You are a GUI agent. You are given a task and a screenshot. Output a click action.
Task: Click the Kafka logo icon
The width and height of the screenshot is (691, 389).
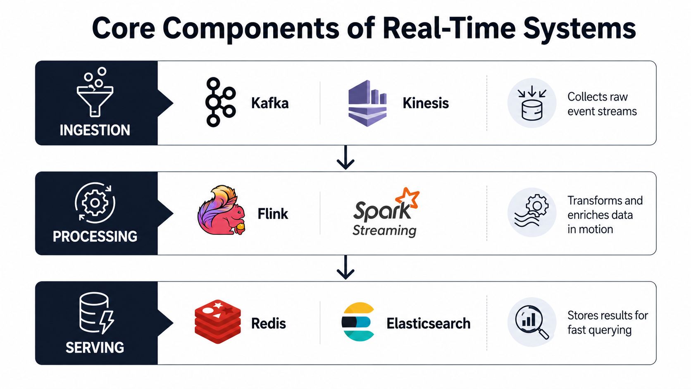point(221,103)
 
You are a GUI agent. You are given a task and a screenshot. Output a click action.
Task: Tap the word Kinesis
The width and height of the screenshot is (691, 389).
point(425,103)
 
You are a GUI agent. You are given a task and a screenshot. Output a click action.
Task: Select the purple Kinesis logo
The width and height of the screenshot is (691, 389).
point(367,103)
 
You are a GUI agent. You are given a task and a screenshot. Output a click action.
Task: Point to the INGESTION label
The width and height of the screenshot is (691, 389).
point(95,130)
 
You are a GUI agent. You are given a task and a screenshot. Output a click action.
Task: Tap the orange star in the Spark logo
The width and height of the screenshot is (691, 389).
point(407,198)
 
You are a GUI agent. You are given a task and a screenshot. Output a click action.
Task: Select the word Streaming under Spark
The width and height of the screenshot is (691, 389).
point(384,231)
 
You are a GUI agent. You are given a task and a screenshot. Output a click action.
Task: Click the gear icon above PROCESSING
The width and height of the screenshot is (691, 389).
point(95,203)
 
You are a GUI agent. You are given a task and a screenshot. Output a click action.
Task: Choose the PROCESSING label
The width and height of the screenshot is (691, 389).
point(95,236)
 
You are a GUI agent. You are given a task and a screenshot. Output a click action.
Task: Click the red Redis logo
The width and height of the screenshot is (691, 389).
point(218,322)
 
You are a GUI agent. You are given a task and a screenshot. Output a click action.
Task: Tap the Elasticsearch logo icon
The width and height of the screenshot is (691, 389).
point(358,322)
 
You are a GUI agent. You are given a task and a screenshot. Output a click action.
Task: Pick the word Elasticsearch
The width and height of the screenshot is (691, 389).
point(429,324)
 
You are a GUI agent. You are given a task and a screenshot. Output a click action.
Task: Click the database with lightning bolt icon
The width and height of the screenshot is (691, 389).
point(97,313)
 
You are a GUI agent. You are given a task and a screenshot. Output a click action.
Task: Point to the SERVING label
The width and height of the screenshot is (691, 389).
point(95,348)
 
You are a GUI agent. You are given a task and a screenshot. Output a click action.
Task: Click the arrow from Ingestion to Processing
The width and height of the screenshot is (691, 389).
point(345,158)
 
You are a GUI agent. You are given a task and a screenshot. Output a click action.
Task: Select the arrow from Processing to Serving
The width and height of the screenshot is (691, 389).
point(345,267)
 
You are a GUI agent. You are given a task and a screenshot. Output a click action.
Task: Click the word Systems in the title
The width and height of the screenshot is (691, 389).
point(580,29)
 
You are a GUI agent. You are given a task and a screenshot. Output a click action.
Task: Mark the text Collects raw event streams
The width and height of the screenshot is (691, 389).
point(602,104)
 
